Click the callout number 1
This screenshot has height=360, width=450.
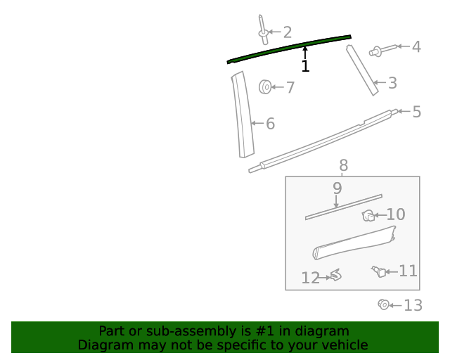(305, 66)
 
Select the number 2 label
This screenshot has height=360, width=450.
(288, 32)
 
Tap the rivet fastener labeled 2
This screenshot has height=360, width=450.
(263, 30)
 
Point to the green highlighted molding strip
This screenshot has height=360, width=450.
(289, 49)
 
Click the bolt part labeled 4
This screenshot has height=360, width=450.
(382, 50)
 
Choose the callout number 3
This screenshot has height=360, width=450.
(392, 83)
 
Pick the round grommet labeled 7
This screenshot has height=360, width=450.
(265, 87)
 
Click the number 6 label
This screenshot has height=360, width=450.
(270, 124)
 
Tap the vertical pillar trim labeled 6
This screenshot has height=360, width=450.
(243, 115)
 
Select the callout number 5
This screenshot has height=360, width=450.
(417, 112)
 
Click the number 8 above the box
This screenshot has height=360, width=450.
(344, 166)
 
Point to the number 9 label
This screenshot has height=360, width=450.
(337, 188)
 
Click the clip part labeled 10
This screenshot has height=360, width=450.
(368, 216)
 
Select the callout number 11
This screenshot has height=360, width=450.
(408, 271)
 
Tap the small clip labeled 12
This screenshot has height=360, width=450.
(336, 275)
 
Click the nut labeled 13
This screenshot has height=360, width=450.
(384, 304)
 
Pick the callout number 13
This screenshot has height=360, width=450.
(413, 305)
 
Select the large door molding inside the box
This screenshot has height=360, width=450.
(354, 243)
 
